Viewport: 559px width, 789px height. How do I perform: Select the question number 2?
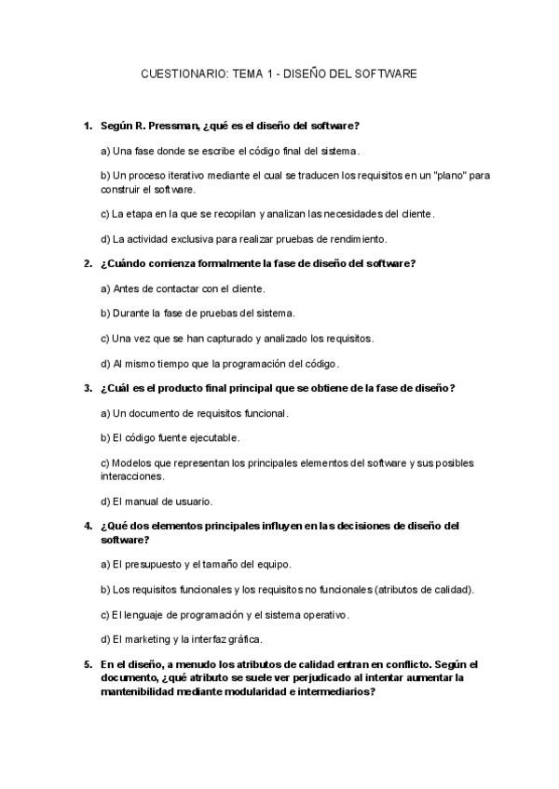(88, 263)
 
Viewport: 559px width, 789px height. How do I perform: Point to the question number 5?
(88, 664)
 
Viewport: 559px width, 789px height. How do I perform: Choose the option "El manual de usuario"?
(157, 501)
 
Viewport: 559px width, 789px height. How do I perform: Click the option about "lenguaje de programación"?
(225, 614)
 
